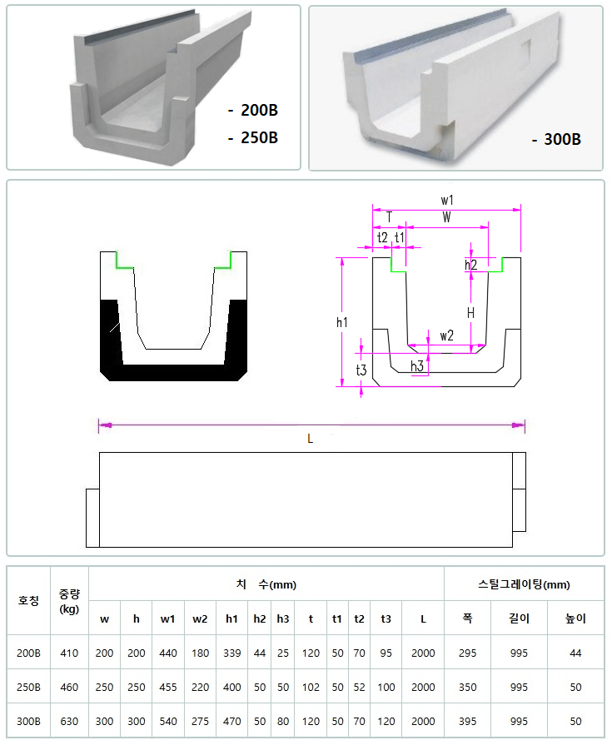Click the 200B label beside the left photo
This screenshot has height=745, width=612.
point(260,110)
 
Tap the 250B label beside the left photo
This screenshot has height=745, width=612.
point(260,138)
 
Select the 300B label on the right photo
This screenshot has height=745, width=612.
point(563,139)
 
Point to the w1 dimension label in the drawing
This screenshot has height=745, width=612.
point(447,200)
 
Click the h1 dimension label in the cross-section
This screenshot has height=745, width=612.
point(342,323)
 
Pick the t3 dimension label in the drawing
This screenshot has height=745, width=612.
point(361,370)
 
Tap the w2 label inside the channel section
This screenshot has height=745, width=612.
point(446,336)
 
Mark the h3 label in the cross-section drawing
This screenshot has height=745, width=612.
point(417,366)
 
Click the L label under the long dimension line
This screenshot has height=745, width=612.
point(311,439)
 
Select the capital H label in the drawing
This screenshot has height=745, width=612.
point(470,313)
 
